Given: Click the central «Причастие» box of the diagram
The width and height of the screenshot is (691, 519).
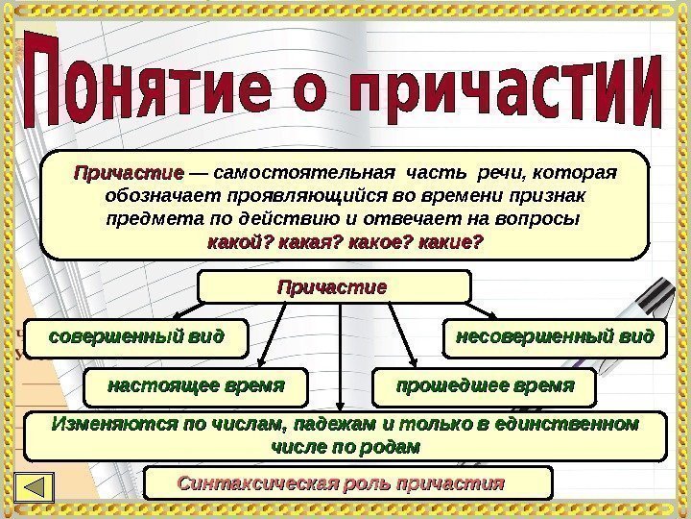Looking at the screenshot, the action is click(x=333, y=286).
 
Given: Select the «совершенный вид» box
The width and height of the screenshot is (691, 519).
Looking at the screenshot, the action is click(x=135, y=338).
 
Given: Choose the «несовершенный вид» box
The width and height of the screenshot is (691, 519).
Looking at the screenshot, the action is click(x=555, y=338).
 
